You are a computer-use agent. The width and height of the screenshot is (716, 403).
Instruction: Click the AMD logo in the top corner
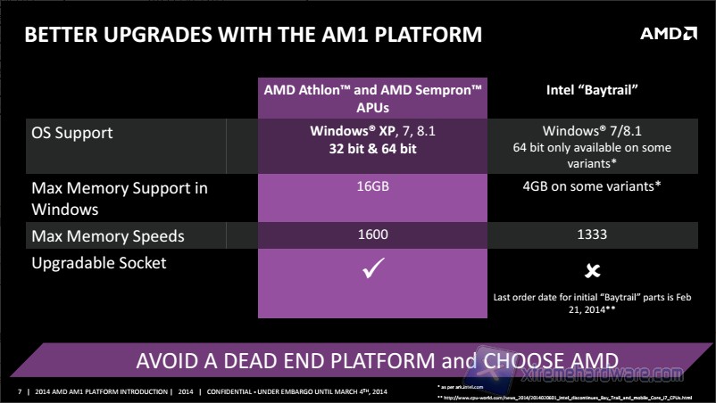coord(668,34)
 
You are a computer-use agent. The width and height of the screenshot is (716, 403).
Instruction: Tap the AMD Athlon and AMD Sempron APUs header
coord(373,97)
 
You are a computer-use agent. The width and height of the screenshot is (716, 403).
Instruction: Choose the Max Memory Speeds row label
coord(108,235)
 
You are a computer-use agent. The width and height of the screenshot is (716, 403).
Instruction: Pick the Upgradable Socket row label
coord(98,263)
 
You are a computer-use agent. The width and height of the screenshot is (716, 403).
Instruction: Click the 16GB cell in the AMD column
coord(372,188)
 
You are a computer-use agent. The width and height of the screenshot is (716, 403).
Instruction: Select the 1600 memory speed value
coord(372,235)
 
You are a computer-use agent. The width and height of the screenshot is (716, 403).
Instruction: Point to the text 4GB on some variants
coord(590,188)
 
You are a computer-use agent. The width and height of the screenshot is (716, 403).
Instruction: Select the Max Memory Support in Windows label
coord(120,199)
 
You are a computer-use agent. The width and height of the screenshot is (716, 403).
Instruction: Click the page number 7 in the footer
coord(19,391)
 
